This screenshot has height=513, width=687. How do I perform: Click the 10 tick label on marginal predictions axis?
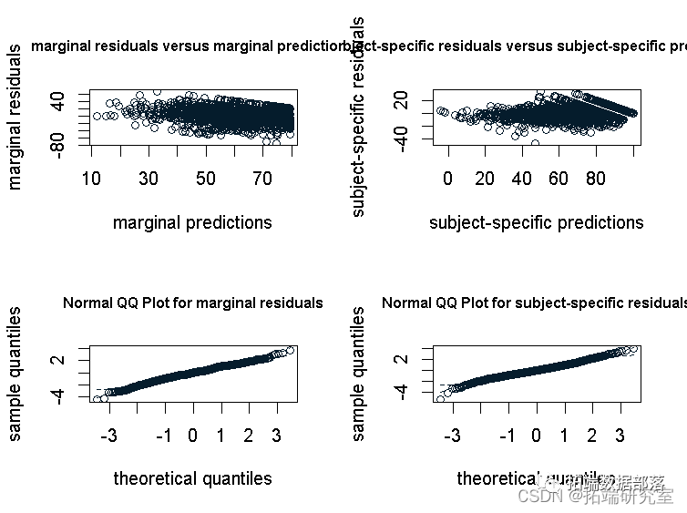pyautogui.click(x=91, y=178)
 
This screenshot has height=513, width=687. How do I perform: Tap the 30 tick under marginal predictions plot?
pyautogui.click(x=149, y=178)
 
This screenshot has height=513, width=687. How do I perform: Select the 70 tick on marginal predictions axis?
pyautogui.click(x=262, y=178)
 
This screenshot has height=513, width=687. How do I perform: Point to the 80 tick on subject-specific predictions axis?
pyautogui.click(x=595, y=178)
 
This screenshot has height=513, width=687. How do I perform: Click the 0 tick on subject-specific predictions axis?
pyautogui.click(x=447, y=178)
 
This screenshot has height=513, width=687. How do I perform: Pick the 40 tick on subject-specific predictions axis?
pyautogui.click(x=521, y=178)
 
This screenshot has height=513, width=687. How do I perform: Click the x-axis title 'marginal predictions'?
pyautogui.click(x=192, y=222)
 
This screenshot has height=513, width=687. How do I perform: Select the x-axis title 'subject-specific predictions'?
pyautogui.click(x=536, y=222)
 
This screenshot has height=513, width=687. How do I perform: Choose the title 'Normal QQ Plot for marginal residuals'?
pyautogui.click(x=192, y=303)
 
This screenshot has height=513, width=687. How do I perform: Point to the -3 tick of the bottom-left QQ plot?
pyautogui.click(x=109, y=435)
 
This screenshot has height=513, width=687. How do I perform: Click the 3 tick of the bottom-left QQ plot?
pyautogui.click(x=276, y=435)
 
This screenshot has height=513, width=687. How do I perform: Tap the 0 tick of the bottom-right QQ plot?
pyautogui.click(x=536, y=435)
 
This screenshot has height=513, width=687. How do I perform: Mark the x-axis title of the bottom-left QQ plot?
pyautogui.click(x=192, y=478)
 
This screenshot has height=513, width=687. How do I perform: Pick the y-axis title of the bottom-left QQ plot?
pyautogui.click(x=15, y=374)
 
